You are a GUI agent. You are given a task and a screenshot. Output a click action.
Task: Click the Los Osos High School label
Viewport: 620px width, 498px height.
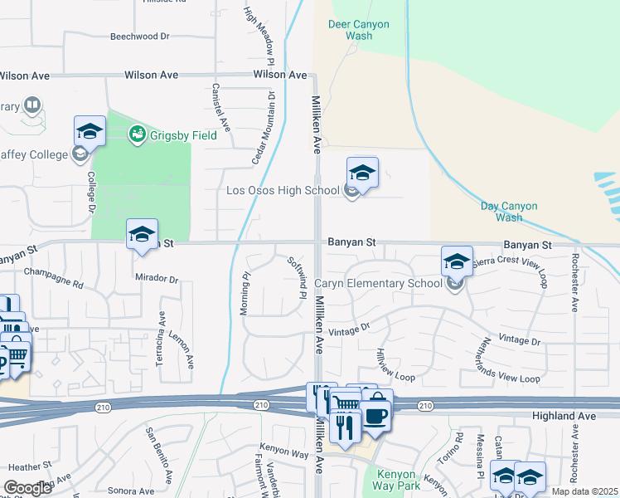[x=283, y=190]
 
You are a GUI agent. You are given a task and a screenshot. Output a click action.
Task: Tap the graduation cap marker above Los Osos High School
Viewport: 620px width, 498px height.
[x=362, y=173]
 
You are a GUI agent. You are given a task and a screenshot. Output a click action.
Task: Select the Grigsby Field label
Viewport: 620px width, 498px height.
[x=183, y=135]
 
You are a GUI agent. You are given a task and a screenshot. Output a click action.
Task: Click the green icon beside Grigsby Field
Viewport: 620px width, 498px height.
[x=138, y=134]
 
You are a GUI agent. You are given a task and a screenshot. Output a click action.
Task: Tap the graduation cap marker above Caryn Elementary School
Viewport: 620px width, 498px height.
[x=456, y=261]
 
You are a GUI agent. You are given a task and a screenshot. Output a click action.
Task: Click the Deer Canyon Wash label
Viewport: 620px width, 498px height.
[x=358, y=31]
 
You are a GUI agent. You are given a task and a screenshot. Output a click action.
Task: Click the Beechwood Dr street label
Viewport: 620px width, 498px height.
[x=139, y=37]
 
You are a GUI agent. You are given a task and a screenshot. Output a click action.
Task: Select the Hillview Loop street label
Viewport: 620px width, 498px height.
[x=394, y=364]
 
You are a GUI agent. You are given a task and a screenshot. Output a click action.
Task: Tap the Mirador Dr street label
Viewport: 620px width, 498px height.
[x=157, y=279]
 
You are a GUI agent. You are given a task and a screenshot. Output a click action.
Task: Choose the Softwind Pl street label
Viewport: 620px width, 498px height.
[x=296, y=277]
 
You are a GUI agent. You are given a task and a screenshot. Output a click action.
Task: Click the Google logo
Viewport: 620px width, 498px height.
[x=27, y=488]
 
